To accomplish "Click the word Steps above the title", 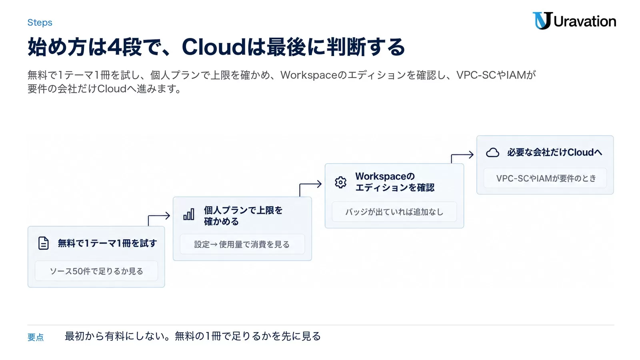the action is pos(40,22).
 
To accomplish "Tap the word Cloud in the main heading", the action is pos(214,47).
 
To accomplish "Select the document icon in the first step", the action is pos(44,244).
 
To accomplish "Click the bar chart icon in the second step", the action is pos(188,214).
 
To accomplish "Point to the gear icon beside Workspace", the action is pos(340,182).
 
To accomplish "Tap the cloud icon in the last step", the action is pos(492,152).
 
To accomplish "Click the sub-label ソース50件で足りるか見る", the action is pos(96,271).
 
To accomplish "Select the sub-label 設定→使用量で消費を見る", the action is pos(242,244).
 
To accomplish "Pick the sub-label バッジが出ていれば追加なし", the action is pos(394,212).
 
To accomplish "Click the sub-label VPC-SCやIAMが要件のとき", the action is pos(546,178).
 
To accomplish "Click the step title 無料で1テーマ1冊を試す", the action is pos(108,244).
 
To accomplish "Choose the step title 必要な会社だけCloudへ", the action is pos(555,152).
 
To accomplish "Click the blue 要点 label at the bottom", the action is pos(36,338).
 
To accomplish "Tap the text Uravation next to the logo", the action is pos(585,22).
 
